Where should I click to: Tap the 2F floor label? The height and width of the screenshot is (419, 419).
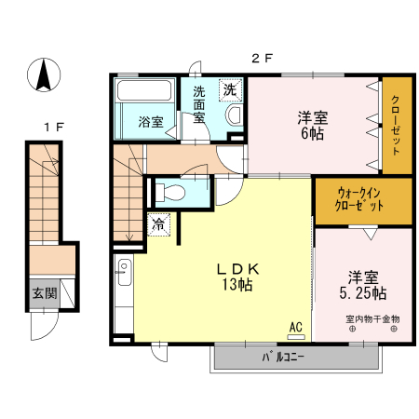click(x=262, y=58)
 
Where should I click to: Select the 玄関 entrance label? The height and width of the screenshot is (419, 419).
click(x=44, y=293)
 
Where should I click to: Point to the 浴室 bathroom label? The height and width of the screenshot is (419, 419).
click(x=150, y=122)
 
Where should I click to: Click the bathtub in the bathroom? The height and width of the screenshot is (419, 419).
click(x=143, y=93)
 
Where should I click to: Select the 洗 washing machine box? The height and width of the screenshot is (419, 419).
click(x=228, y=91)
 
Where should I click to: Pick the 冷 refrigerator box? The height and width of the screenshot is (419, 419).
click(x=159, y=223)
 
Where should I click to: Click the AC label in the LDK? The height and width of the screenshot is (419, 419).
click(x=295, y=327)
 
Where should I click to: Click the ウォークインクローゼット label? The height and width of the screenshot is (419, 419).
click(x=360, y=199)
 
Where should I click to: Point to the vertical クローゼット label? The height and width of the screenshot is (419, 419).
click(x=395, y=128)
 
